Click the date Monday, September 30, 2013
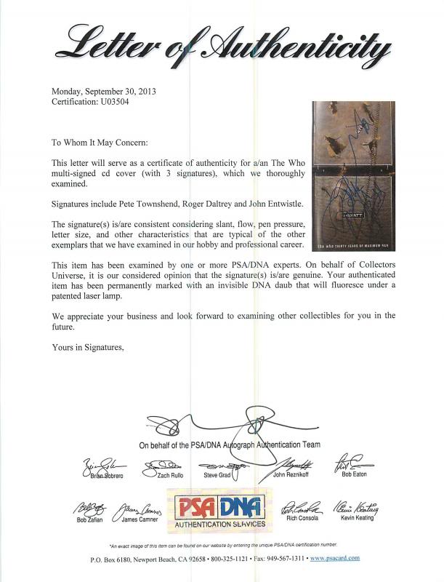tap(103, 92)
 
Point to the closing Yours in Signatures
tap(88, 347)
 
